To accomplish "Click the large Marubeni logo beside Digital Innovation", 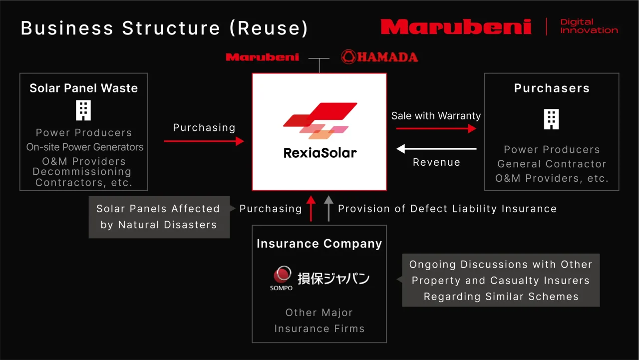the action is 456,26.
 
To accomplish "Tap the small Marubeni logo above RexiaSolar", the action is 262,57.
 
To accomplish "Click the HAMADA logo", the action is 379,56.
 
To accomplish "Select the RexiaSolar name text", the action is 320,153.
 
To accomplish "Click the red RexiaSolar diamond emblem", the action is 320,120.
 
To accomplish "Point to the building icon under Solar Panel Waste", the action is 83,110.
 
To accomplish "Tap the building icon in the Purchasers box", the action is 551,119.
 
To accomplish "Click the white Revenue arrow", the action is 436,149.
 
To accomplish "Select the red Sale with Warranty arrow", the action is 436,128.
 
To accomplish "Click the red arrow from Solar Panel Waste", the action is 204,141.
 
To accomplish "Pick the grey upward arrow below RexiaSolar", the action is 328,208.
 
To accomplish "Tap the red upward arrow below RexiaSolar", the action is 311,208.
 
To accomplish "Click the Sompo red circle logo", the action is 282,274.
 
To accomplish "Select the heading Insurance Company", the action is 319,244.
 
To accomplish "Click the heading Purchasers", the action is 552,88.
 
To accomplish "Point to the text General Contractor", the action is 552,164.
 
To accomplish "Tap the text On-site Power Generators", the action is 85,147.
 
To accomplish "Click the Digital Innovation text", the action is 589,26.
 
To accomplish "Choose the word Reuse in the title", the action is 269,28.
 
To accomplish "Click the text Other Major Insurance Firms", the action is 319,321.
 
